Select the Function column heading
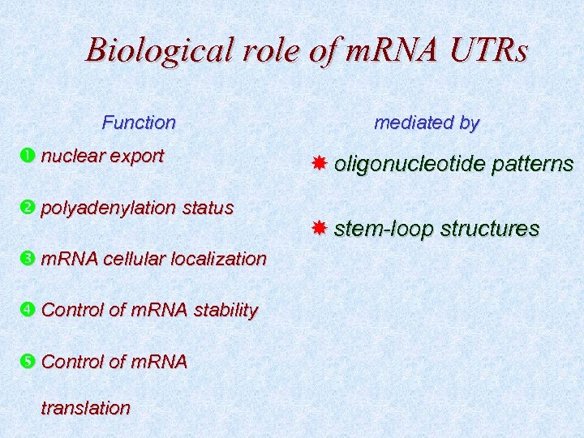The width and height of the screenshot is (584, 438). [139, 123]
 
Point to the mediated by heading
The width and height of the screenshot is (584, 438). [426, 123]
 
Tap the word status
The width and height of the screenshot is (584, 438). [207, 208]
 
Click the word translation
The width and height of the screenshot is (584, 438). [85, 408]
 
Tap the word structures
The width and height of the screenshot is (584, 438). [494, 229]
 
